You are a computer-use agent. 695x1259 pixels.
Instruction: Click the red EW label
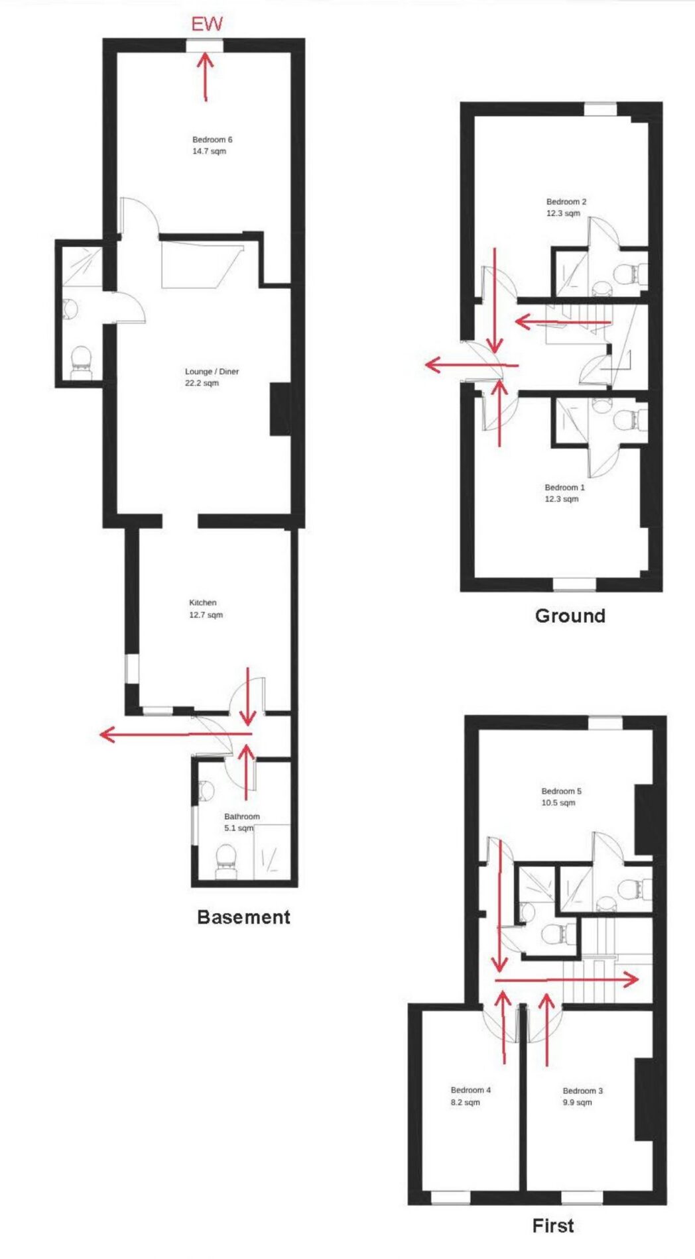tap(207, 25)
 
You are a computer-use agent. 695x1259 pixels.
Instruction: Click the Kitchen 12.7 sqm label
tap(206, 609)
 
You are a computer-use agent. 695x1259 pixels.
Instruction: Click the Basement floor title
tap(244, 917)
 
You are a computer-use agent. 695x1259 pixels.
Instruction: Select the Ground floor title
tap(570, 616)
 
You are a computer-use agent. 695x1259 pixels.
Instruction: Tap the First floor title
tap(553, 1226)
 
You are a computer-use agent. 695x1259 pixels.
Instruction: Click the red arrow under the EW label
tap(206, 77)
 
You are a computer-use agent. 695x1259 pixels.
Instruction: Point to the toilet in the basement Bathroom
tap(225, 857)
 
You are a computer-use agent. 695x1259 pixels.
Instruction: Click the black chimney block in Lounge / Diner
tap(280, 409)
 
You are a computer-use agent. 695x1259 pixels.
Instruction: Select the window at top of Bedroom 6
tap(204, 45)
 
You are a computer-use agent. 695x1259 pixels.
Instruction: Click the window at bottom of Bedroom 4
tap(451, 1198)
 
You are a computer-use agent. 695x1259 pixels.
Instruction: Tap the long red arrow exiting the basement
tap(176, 734)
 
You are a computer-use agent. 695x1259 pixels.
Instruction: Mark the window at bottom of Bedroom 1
tap(575, 584)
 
